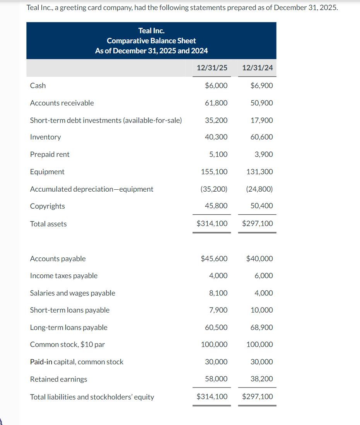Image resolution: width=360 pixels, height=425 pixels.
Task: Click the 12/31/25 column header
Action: coord(212,68)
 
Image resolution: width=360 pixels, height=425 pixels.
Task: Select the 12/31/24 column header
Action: coord(257,68)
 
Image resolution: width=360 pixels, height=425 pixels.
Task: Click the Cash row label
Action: coord(38,86)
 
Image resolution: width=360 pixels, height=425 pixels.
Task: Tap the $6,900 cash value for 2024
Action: coord(262,86)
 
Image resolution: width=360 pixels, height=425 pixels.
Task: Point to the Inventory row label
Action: coord(45,137)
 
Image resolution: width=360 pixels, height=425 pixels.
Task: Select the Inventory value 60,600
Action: coord(262,137)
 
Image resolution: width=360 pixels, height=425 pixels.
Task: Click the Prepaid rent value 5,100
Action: coord(218,155)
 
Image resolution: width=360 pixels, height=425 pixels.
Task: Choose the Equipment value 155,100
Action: coord(214,172)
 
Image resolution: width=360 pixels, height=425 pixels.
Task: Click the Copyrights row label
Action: coord(48,206)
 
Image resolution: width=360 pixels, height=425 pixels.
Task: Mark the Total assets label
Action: coord(48,224)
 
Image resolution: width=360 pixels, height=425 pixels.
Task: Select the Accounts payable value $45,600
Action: coord(214,259)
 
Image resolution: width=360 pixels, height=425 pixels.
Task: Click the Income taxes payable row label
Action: coord(64,276)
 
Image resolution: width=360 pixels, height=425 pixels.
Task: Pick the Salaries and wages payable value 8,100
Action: coord(218,293)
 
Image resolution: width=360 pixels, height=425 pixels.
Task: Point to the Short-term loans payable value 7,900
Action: coord(218,310)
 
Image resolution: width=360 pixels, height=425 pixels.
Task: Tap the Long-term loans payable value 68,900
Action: coord(262,328)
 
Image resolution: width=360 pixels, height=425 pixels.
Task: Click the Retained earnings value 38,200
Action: coord(262,379)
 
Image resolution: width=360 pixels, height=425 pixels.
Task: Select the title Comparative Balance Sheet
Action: coord(151,41)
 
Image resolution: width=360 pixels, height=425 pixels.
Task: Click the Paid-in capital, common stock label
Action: coord(77,362)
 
